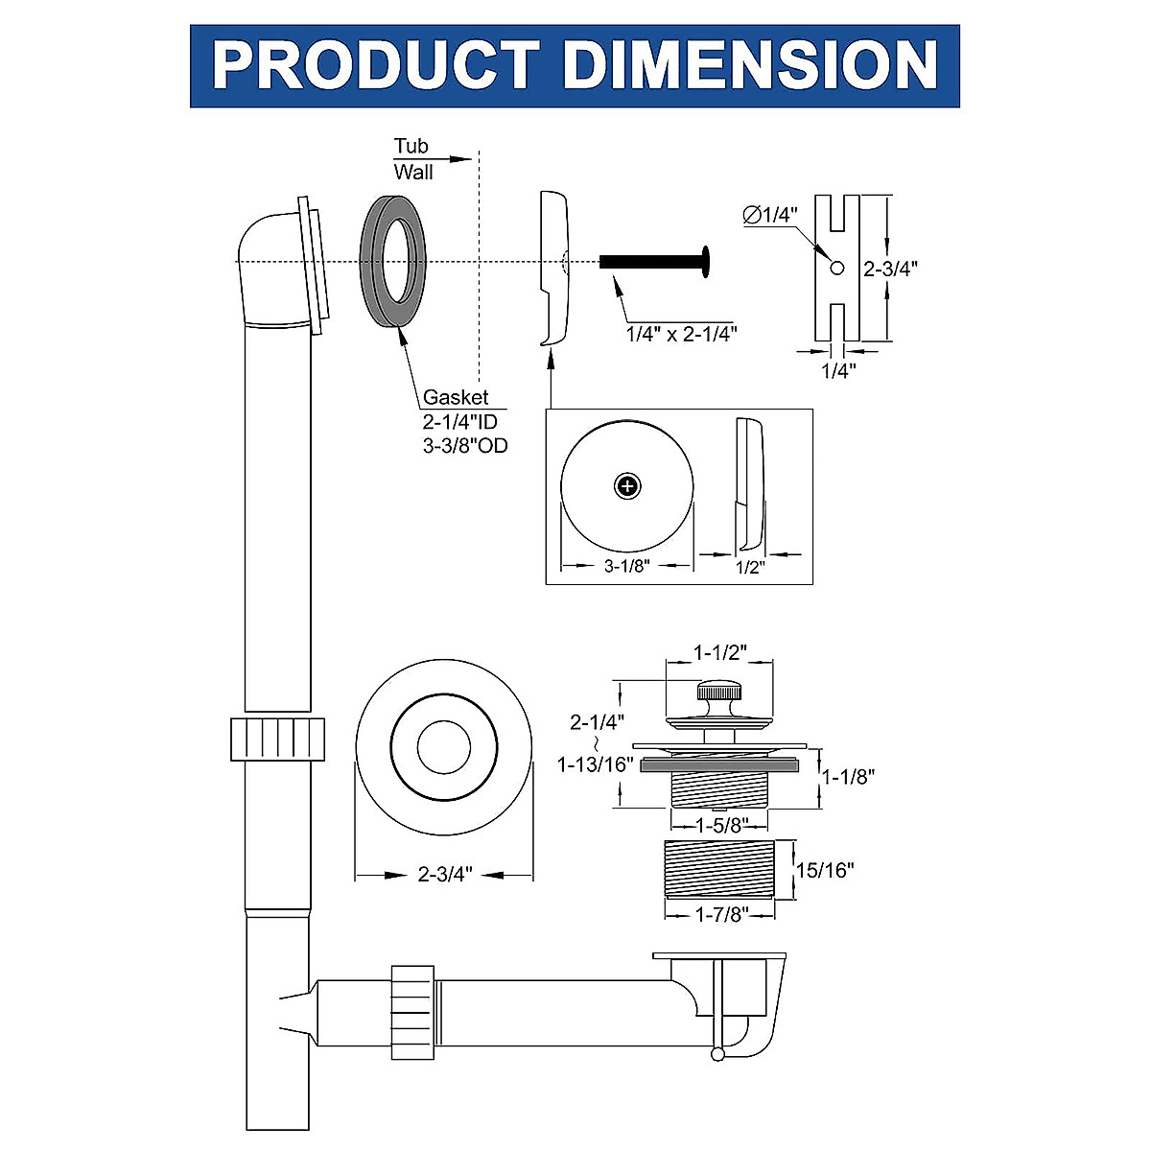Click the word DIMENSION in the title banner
[750, 66]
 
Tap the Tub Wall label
[412, 159]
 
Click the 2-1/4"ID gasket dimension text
[460, 421]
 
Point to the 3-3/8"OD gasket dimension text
[465, 445]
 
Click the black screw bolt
[652, 261]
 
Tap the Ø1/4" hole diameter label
[770, 216]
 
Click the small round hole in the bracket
[836, 269]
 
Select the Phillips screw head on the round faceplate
[626, 486]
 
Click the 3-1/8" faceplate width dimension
[627, 566]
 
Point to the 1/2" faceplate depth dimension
[749, 567]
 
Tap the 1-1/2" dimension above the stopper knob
[720, 652]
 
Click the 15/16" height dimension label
[825, 870]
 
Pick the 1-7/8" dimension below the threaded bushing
[719, 914]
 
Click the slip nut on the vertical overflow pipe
[278, 739]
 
